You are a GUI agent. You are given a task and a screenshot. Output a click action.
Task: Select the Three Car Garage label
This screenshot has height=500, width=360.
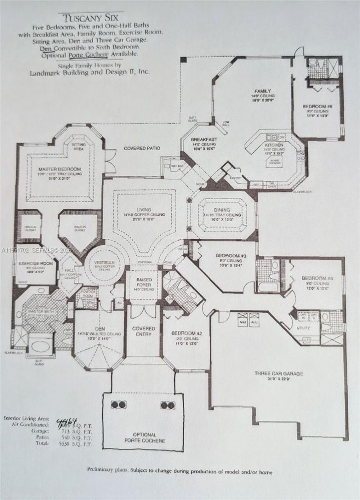coord(279,373)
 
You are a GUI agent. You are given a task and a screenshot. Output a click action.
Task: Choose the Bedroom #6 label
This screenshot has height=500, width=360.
coord(317,107)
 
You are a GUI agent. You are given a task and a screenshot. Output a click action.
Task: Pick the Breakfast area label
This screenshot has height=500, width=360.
coord(204,139)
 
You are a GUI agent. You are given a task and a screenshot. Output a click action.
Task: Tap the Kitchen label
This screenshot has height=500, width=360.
coord(274,145)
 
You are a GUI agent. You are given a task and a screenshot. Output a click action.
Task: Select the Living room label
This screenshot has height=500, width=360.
coord(144,209)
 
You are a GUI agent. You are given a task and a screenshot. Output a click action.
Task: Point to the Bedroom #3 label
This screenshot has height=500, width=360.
coord(231,256)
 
